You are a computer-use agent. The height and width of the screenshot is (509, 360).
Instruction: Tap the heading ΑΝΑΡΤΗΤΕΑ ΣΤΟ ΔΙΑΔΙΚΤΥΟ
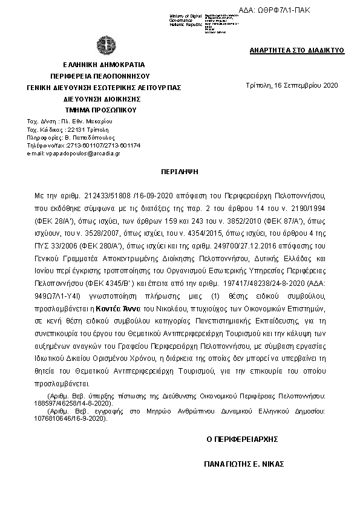(297, 50)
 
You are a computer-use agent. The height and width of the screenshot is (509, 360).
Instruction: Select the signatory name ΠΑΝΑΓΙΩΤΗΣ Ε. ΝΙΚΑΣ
(244, 465)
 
